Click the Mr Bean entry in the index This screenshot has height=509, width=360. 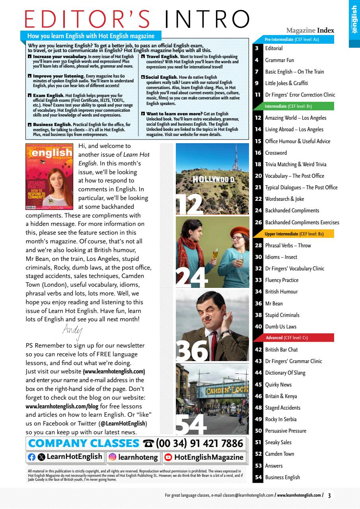tap(274, 303)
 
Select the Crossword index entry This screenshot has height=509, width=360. tap(276, 153)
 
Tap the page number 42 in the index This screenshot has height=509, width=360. tap(258, 350)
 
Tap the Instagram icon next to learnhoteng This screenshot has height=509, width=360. tap(112, 457)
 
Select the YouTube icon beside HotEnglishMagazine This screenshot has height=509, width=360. tap(168, 457)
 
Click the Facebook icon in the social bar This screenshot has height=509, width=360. tap(32, 457)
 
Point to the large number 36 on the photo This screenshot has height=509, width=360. tap(192, 350)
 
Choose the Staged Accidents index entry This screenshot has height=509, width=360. tap(282, 408)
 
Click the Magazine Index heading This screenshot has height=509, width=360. tap(310, 31)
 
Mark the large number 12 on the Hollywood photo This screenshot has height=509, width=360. tap(189, 204)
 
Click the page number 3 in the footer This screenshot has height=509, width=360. tap(329, 495)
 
